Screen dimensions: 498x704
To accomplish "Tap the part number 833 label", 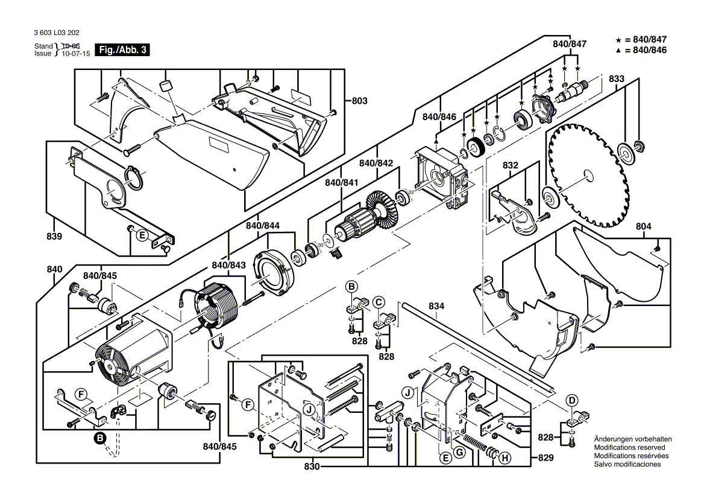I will click(615, 78).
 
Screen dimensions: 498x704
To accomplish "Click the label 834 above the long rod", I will click(437, 307).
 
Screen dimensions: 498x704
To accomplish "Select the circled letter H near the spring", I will click(504, 458).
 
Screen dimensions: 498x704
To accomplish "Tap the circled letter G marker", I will click(459, 452).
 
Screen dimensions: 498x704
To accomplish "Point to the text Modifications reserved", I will click(629, 447).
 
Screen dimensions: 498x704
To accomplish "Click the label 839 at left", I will click(54, 237).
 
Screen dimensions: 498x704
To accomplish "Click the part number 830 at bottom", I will click(312, 467).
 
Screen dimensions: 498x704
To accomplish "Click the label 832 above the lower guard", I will click(510, 165).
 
